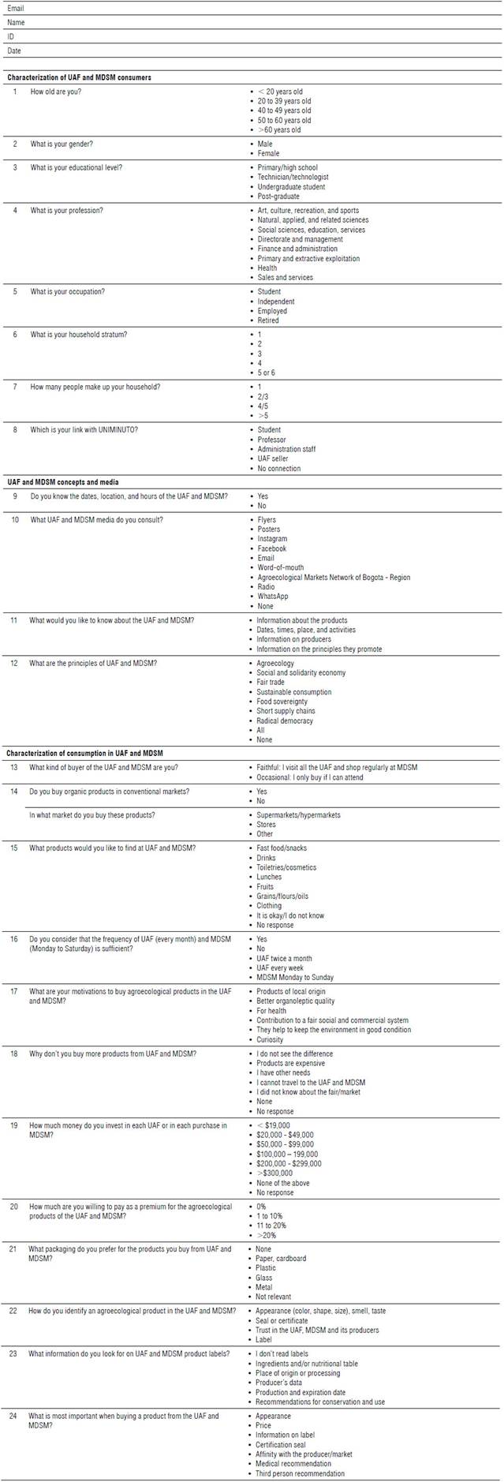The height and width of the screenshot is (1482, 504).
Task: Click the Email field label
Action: tap(17, 8)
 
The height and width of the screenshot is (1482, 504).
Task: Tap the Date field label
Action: tap(14, 51)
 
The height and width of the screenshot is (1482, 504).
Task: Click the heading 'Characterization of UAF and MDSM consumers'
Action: tap(79, 77)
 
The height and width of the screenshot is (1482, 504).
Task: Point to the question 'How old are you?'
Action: tap(55, 92)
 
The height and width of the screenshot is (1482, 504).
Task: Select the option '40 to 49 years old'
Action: tap(284, 110)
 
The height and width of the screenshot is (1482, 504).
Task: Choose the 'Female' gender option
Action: tap(268, 154)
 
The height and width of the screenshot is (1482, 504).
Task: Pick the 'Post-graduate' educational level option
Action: tap(278, 196)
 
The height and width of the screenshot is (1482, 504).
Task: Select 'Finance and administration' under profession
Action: tap(297, 249)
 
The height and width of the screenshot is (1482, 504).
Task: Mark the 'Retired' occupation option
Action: tap(268, 320)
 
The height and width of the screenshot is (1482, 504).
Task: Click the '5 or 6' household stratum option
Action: tap(267, 372)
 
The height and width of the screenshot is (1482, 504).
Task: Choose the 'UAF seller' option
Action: tap(273, 458)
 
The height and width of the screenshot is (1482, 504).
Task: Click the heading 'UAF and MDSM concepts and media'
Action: tap(62, 481)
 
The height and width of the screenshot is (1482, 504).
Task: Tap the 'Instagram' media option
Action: tap(272, 539)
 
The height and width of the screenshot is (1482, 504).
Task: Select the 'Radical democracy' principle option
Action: tap(285, 720)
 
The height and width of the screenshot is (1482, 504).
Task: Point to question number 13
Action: tap(14, 767)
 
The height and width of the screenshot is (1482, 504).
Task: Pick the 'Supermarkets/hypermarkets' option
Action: tap(298, 814)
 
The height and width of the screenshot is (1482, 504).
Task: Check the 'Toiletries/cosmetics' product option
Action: tap(286, 867)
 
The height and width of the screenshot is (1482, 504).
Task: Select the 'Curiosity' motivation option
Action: tap(271, 1039)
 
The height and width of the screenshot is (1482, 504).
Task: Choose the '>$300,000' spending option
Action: tap(274, 1173)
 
